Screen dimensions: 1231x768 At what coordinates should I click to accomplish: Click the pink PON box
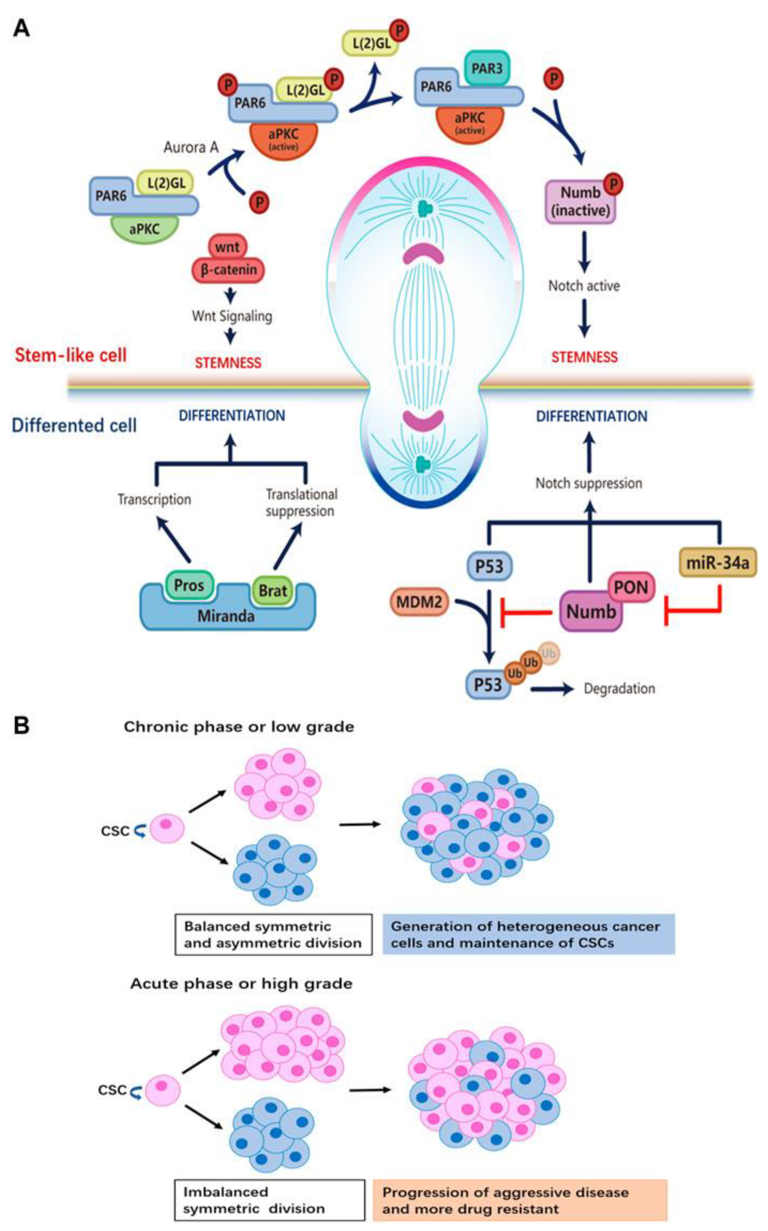[x=631, y=587]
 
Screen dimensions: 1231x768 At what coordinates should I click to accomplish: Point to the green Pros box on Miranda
[x=189, y=585]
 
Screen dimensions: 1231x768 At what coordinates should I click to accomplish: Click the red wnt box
[x=227, y=247]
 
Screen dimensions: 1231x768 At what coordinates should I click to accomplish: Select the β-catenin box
[x=228, y=269]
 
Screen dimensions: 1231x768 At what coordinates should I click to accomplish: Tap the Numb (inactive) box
[x=580, y=202]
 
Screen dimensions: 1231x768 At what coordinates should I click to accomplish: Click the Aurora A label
[x=191, y=147]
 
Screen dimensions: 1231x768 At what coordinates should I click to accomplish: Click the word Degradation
[x=619, y=689]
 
